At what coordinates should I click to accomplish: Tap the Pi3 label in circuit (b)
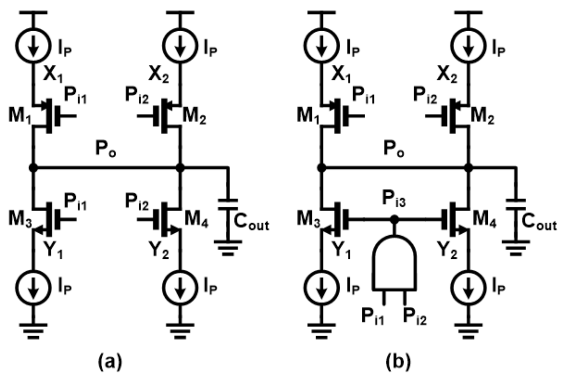(394, 199)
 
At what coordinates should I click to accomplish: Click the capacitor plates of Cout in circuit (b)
(516, 204)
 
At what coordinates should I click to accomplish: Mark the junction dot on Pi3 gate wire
(394, 219)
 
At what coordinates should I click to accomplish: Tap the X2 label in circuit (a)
(159, 76)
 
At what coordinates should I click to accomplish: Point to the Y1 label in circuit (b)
(341, 250)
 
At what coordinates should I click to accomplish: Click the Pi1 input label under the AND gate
(373, 316)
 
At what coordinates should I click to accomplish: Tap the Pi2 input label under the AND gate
(415, 316)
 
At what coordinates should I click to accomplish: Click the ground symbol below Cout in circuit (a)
(228, 248)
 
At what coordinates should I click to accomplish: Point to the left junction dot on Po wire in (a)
(33, 168)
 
